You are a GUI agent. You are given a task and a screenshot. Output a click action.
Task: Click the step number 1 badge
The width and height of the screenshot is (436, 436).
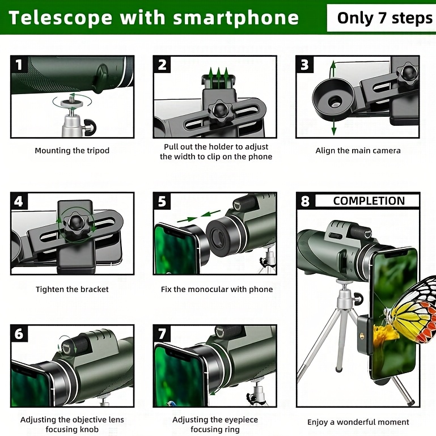19,65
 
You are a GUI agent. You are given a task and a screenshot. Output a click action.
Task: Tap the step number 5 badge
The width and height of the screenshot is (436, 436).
162,201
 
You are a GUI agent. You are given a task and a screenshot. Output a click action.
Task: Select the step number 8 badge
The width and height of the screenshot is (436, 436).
305,201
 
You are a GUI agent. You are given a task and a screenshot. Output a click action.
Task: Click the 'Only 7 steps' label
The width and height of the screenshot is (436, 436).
384,18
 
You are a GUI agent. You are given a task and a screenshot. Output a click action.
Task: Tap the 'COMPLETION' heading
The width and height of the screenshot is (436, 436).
369,201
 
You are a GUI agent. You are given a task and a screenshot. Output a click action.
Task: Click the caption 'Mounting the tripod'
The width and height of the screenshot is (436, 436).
72,151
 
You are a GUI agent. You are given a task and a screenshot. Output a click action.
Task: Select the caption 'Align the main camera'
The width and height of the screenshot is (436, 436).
358,151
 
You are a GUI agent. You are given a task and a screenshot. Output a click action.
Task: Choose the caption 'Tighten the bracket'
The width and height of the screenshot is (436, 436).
72,289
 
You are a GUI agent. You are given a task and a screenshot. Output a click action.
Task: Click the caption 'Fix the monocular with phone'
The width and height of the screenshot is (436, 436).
217,289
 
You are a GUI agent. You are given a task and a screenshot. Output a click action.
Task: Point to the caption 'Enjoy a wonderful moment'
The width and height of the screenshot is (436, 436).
358,422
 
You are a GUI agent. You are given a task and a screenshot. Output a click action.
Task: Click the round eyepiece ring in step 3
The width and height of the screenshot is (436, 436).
333,101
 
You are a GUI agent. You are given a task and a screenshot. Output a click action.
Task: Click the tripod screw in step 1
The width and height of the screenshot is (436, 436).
71,101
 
